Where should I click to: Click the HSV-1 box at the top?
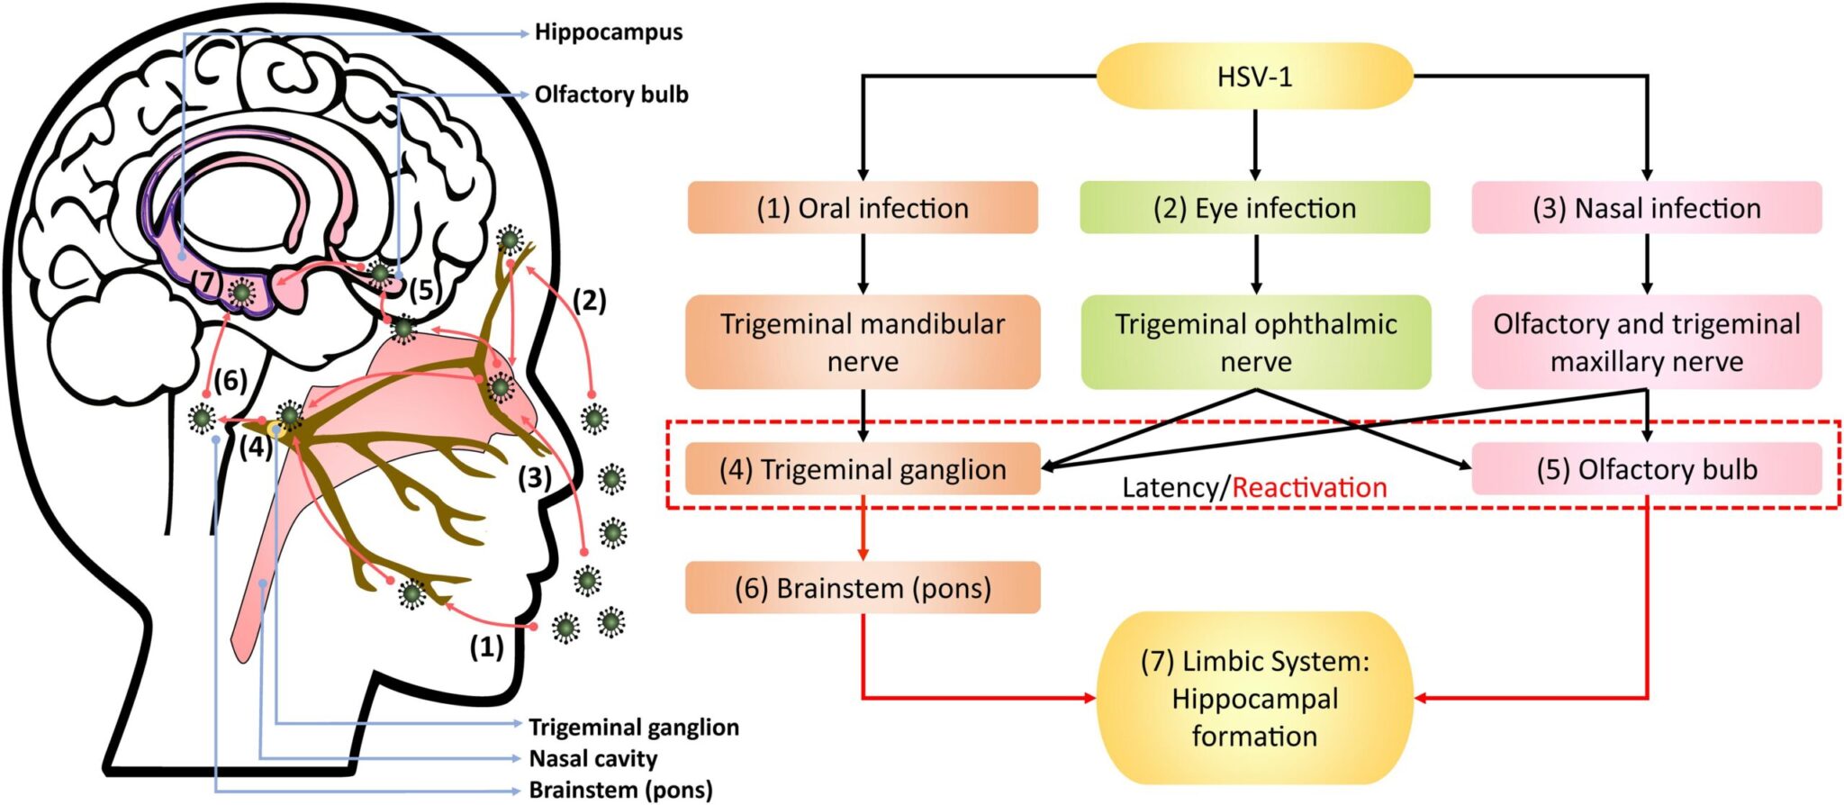point(1254,77)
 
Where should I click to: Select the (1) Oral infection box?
point(863,208)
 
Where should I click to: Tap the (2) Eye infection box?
point(1254,208)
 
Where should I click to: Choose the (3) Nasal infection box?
point(1646,208)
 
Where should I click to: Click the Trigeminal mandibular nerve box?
point(863,342)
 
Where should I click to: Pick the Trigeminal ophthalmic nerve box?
point(1255,342)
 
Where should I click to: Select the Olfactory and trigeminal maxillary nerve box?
point(1646,342)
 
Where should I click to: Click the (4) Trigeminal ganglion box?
point(863,469)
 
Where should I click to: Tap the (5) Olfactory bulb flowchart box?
point(1646,469)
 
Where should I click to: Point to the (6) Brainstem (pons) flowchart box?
point(863,588)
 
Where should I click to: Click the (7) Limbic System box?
point(1254,698)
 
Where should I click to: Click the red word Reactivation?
point(1309,488)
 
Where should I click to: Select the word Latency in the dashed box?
point(1170,488)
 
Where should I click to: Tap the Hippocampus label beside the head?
point(608,32)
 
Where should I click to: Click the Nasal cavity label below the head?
point(592,758)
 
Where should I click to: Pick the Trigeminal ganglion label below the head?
point(633,727)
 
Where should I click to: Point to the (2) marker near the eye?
point(590,301)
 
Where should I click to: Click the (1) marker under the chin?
point(486,647)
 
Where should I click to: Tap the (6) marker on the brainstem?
point(230,381)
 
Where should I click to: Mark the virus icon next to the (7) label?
point(240,292)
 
